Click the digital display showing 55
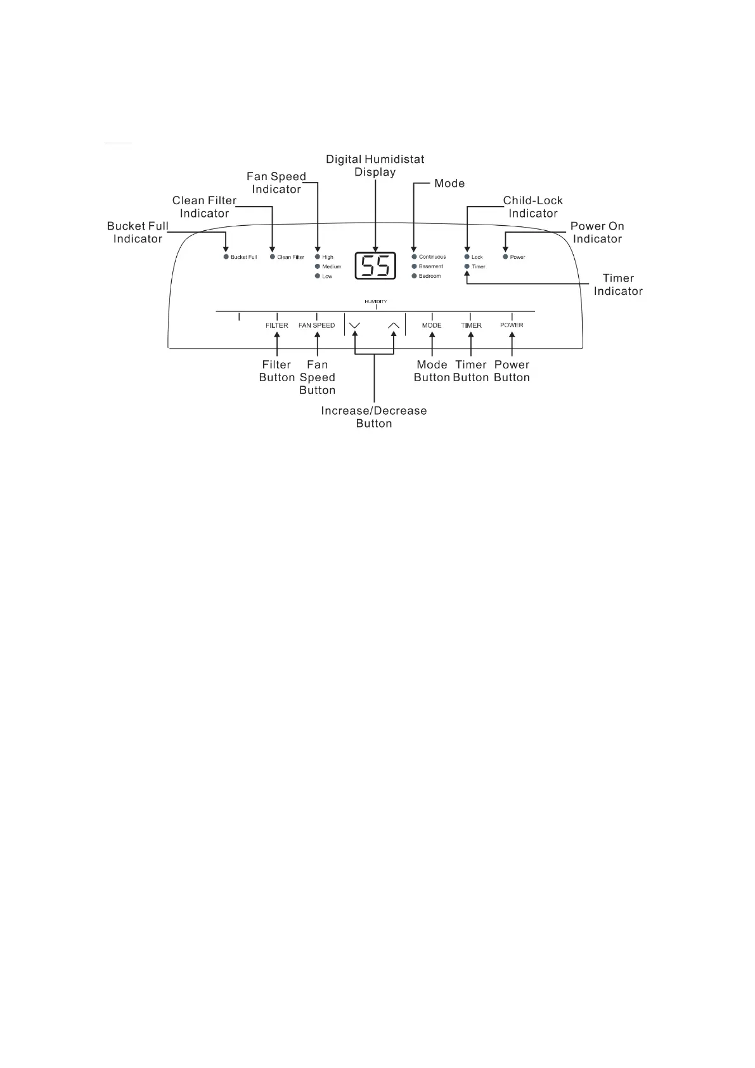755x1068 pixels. tap(375, 266)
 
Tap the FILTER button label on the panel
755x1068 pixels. tap(277, 325)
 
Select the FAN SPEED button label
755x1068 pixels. tap(316, 325)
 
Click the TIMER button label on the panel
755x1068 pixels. tap(471, 325)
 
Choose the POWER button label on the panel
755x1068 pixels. tap(512, 325)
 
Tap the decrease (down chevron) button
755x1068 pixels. tap(354, 325)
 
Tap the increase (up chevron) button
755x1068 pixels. tap(394, 325)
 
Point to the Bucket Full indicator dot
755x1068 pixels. tap(226, 257)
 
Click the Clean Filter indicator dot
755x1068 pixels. tap(273, 257)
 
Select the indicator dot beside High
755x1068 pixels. tap(318, 257)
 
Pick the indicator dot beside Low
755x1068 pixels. tap(318, 276)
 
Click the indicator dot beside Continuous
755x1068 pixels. tap(414, 257)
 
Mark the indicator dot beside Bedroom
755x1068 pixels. tap(414, 276)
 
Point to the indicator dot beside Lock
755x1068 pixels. tap(467, 257)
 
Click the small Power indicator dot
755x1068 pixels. tap(505, 257)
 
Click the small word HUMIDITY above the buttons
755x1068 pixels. tap(375, 302)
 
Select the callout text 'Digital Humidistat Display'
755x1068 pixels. tap(375, 166)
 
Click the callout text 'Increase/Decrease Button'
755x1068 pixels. tap(374, 417)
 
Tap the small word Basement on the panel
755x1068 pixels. tap(431, 266)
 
